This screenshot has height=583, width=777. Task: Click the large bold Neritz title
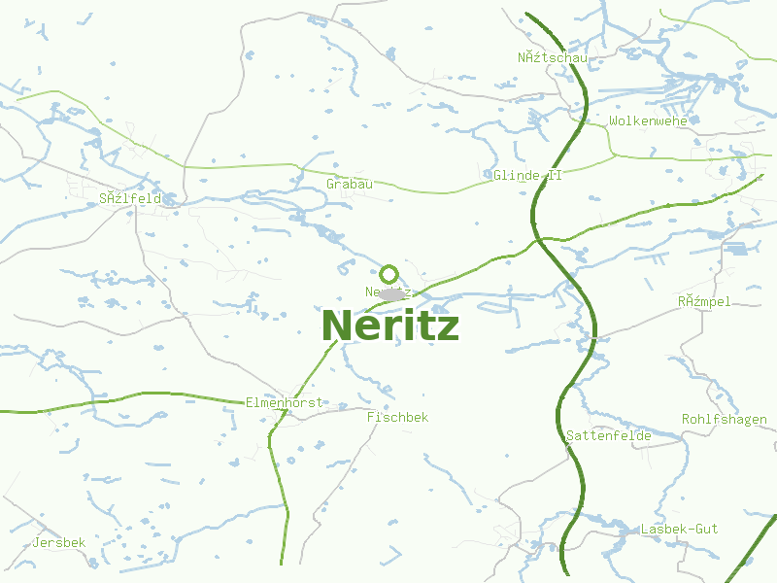(x=389, y=326)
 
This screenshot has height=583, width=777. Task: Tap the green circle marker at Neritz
(x=389, y=274)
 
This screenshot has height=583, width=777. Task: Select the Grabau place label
(x=350, y=184)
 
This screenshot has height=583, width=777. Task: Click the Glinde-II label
(x=527, y=176)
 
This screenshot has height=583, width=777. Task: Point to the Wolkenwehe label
(x=648, y=121)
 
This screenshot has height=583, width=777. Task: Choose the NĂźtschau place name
(x=553, y=57)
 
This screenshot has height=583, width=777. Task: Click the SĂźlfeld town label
(x=129, y=199)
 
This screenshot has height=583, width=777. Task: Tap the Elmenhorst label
(x=284, y=402)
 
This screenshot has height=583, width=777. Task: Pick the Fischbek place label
(x=397, y=417)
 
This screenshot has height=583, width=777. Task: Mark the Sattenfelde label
(x=608, y=436)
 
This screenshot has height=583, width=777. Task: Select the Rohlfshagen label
(x=724, y=420)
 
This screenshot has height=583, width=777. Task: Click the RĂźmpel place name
(x=704, y=302)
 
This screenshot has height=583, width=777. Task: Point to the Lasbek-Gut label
(x=679, y=529)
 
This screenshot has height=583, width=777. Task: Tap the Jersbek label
(x=59, y=542)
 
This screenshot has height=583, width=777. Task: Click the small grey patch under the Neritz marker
(x=392, y=293)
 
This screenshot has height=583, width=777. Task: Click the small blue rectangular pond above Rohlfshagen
(x=735, y=249)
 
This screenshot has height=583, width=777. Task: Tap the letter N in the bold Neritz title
(x=335, y=326)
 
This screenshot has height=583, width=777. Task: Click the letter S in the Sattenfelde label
(x=570, y=436)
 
